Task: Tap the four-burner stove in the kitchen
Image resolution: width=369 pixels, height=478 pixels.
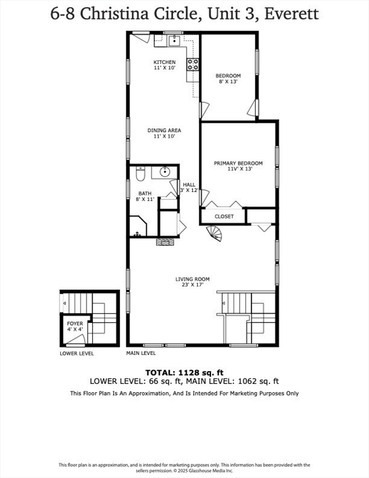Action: point(192,64)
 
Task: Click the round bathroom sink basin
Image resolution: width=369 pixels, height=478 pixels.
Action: point(166,172)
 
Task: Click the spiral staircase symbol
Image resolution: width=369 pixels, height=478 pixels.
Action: point(215,233)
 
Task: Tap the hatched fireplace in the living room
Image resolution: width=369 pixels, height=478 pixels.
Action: point(165,242)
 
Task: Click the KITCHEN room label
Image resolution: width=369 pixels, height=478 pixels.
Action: point(165,62)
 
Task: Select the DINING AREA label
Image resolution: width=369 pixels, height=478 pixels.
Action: point(164,130)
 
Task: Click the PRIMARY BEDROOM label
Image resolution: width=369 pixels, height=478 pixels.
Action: point(238,163)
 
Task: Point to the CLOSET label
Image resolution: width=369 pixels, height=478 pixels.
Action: point(224,217)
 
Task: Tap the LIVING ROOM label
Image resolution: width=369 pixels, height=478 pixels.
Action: point(192,279)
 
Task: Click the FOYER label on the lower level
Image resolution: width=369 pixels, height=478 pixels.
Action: point(74,323)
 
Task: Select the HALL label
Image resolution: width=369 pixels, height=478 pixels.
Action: point(189,185)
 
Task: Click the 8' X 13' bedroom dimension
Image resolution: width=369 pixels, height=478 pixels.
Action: point(228,82)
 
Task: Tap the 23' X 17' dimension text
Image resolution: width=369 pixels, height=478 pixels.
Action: point(192,286)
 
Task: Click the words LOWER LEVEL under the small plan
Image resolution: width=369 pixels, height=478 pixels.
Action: point(77,353)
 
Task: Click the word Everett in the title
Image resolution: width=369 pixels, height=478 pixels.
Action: point(292,13)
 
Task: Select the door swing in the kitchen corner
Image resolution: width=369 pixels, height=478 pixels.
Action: point(141,38)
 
